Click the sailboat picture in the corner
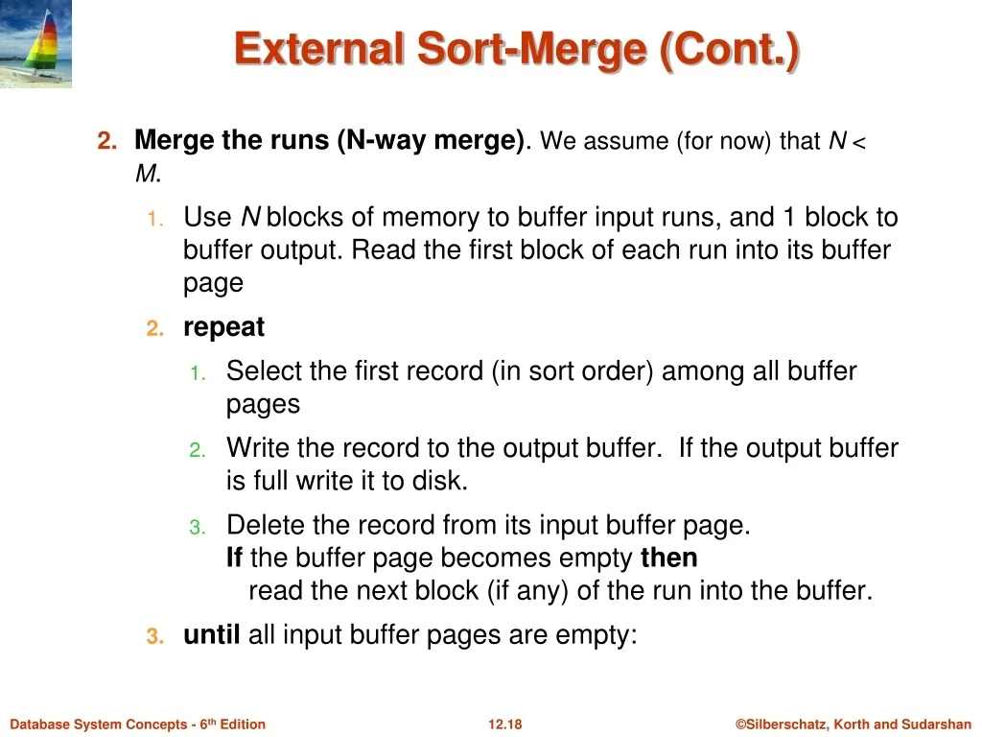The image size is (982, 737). pyautogui.click(x=35, y=43)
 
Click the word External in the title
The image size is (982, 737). pyautogui.click(x=319, y=49)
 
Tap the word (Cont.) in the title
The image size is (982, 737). pyautogui.click(x=730, y=50)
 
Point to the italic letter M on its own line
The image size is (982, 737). pyautogui.click(x=146, y=174)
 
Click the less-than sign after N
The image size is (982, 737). pyautogui.click(x=858, y=142)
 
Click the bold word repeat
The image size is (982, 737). pyautogui.click(x=223, y=328)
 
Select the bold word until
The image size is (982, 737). pyautogui.click(x=212, y=635)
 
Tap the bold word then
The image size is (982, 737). pyautogui.click(x=668, y=558)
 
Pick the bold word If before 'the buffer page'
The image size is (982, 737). pyautogui.click(x=234, y=558)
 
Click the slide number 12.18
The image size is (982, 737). pyautogui.click(x=504, y=725)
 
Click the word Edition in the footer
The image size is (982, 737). pyautogui.click(x=243, y=725)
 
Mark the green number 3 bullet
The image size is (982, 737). pyautogui.click(x=198, y=527)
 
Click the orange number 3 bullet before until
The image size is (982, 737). pyautogui.click(x=154, y=637)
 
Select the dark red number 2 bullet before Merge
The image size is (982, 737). pyautogui.click(x=107, y=140)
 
